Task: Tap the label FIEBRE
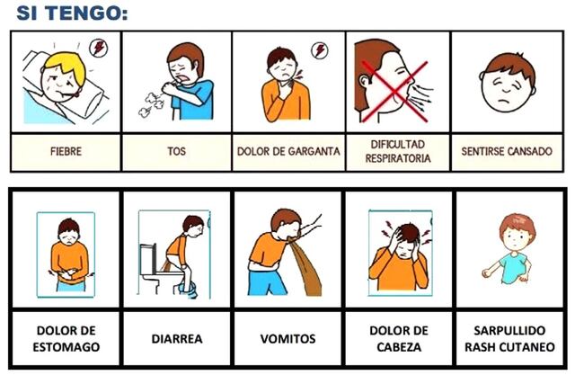click(66, 152)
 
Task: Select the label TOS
click(176, 152)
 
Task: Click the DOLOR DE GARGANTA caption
click(288, 152)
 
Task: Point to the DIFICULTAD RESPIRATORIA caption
click(396, 151)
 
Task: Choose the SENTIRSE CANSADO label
click(506, 152)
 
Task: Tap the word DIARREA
click(176, 339)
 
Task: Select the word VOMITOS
click(287, 339)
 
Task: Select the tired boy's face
click(505, 82)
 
